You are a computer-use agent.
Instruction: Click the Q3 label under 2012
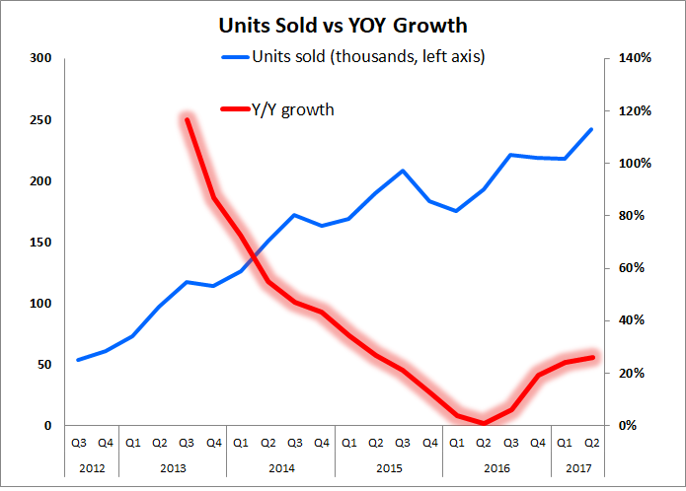[x=78, y=443]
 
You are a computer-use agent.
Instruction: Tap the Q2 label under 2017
[x=591, y=443]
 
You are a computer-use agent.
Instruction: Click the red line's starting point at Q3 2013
[x=187, y=119]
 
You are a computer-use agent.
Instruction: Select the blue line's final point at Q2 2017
[x=591, y=129]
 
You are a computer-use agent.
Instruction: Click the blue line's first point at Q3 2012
[x=78, y=360]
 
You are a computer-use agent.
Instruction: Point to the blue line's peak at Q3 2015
[x=403, y=171]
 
